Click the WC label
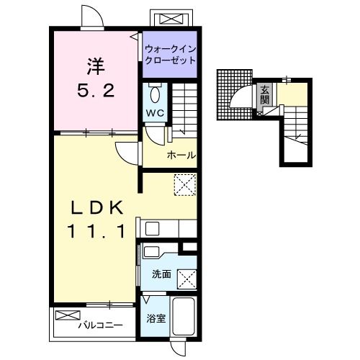[x=155, y=113]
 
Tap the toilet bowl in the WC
[x=155, y=94]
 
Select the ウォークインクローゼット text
[x=170, y=55]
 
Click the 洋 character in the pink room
[x=96, y=66]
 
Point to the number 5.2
[x=96, y=91]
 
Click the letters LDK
[x=96, y=207]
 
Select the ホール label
[x=181, y=156]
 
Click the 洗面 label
[x=162, y=274]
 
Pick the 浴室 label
[x=156, y=318]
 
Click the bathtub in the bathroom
[x=184, y=317]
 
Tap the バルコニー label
[x=101, y=325]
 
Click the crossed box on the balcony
[x=68, y=315]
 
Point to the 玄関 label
[x=265, y=94]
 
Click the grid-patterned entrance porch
[x=235, y=94]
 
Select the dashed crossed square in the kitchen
[x=185, y=185]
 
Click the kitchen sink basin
[x=153, y=228]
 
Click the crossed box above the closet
[x=171, y=19]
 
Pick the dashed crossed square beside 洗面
[x=187, y=279]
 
